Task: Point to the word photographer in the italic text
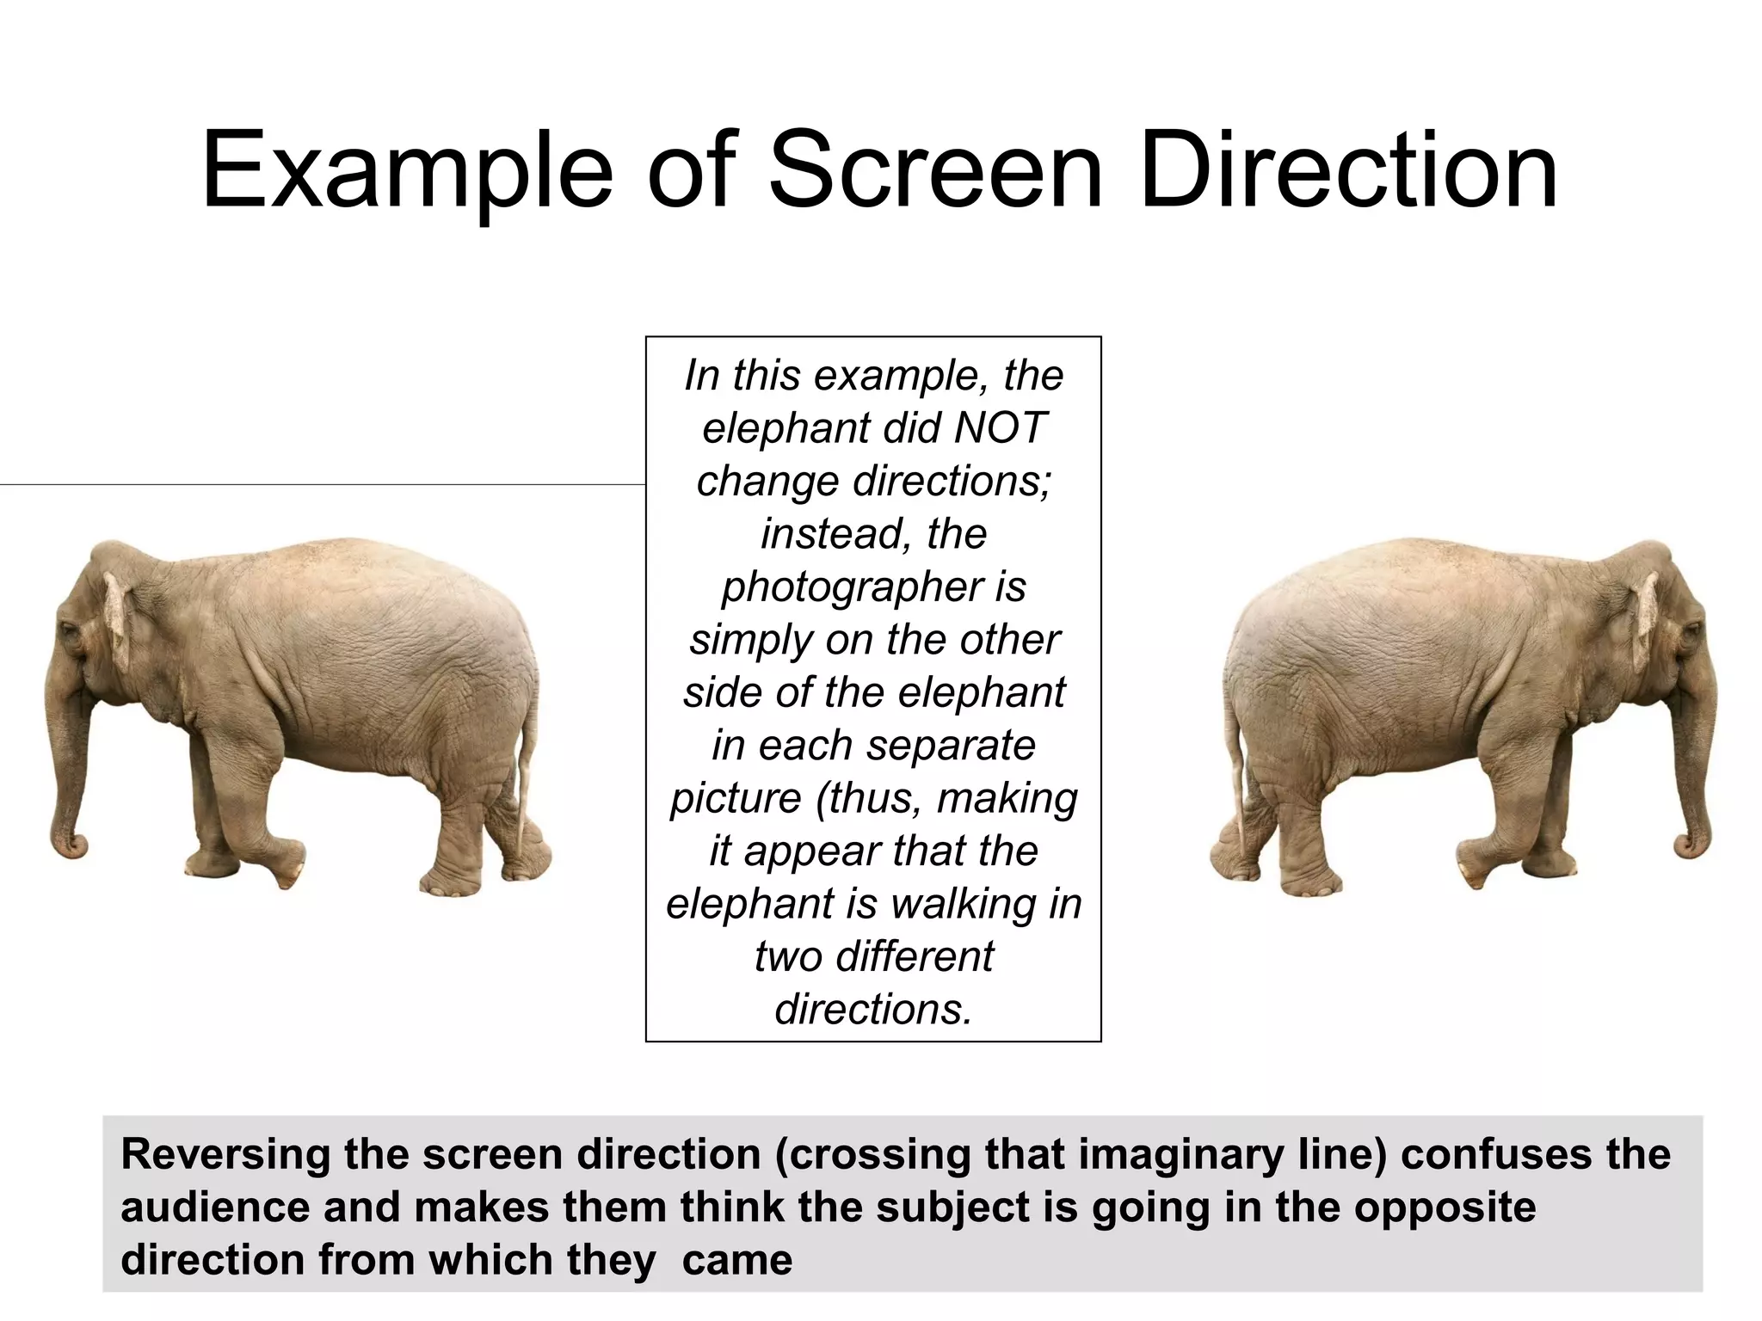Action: (x=853, y=587)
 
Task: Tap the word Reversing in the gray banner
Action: (x=225, y=1154)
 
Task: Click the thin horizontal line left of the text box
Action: (x=323, y=485)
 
